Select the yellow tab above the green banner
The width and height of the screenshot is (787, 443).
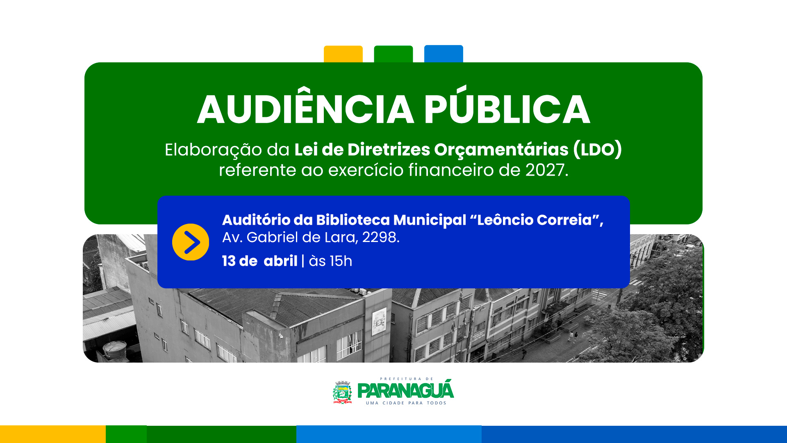pos(343,54)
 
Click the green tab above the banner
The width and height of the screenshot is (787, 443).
pos(393,54)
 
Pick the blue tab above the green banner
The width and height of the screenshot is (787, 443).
pos(444,54)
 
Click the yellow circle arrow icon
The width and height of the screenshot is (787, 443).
pos(191,242)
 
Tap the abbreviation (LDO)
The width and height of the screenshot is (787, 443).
pos(598,149)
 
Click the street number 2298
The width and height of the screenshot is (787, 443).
pos(381,237)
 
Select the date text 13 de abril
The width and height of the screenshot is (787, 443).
pos(260,261)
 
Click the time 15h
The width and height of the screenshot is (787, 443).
pos(341,261)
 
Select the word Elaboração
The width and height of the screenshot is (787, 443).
pos(214,150)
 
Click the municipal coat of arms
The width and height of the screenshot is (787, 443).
pos(342,393)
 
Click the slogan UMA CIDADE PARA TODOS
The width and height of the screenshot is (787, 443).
pos(406,403)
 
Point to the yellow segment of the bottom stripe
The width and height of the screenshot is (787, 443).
pos(53,434)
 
